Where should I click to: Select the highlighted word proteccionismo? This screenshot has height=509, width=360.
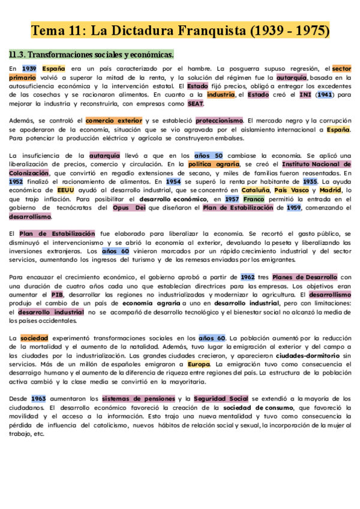pos(219,120)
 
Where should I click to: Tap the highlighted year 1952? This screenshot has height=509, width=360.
pos(16,181)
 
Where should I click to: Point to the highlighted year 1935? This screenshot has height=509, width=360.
pos(310,181)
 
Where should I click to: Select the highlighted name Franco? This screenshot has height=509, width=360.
pos(254,199)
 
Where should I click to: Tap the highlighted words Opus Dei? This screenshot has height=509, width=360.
pos(129,208)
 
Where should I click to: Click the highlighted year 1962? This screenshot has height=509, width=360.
pos(248,277)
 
